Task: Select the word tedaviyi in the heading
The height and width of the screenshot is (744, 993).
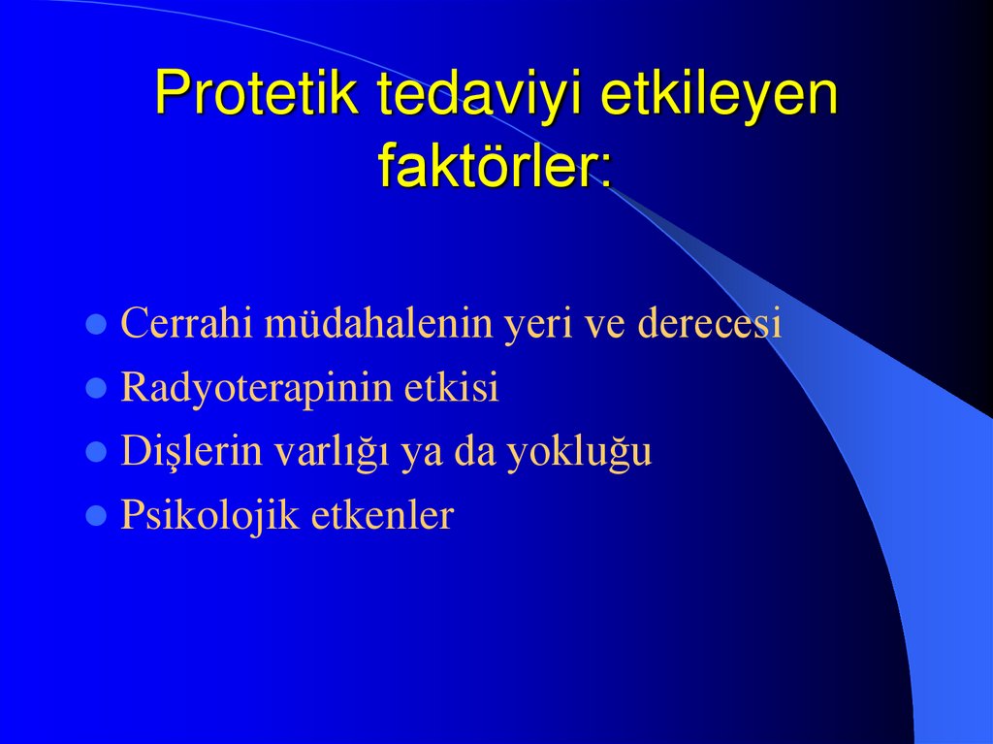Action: point(480,97)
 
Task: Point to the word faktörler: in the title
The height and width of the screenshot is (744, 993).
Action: point(496,166)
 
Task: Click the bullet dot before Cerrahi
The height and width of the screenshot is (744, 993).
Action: point(96,325)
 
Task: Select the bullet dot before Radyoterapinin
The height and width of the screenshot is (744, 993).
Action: point(96,389)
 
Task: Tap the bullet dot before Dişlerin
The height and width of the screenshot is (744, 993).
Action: point(96,452)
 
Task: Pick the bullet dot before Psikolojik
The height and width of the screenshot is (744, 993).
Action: point(96,516)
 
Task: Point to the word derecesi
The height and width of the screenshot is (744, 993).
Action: point(709,325)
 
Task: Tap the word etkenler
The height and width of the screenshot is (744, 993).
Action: point(382,516)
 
